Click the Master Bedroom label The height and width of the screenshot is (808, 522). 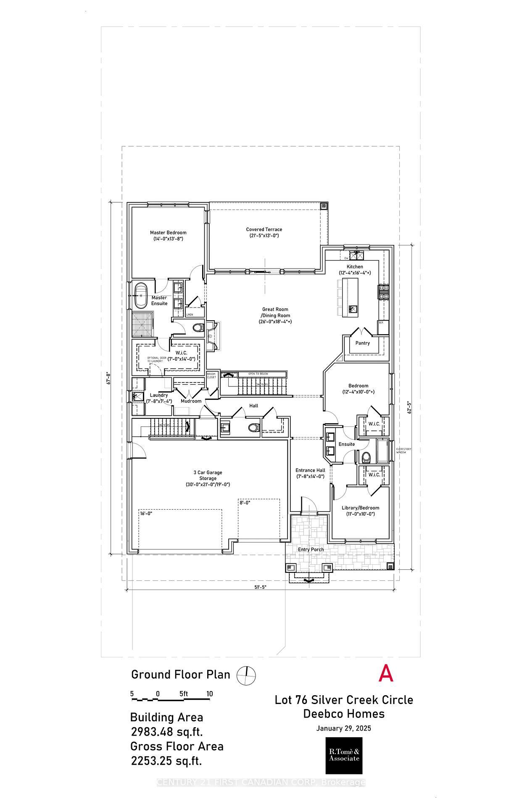168,232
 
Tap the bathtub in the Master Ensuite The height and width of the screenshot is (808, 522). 141,297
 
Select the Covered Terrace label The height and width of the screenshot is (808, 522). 264,229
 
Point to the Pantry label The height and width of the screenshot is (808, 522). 362,343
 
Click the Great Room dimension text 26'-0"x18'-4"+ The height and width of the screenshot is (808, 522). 275,322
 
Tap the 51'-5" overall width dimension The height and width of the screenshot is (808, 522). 260,587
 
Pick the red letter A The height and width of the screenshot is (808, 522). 386,673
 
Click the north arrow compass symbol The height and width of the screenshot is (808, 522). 246,675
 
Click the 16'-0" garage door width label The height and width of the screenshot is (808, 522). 145,513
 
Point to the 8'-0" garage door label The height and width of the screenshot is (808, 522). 245,502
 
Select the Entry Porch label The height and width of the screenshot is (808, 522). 311,549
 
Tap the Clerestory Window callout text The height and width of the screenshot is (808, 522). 403,451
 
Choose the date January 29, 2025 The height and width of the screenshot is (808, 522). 343,728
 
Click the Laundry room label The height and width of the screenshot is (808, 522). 159,395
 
